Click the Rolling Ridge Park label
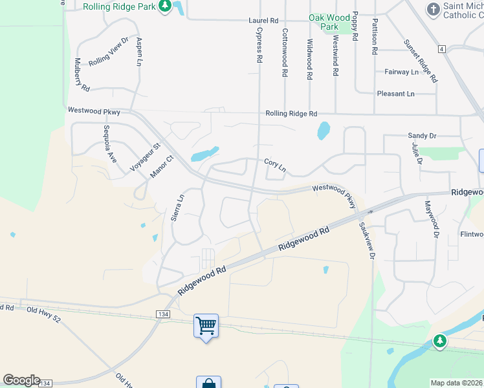tap(120, 6)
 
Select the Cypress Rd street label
tap(258, 44)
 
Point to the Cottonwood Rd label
tap(284, 53)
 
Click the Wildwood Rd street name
tap(309, 59)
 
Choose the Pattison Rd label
tap(374, 36)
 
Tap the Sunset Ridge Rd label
tap(421, 61)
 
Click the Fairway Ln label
tap(401, 72)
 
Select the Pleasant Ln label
tap(395, 94)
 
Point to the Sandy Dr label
tap(422, 136)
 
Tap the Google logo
tap(21, 380)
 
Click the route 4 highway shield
tap(441, 49)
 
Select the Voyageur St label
tap(144, 157)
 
